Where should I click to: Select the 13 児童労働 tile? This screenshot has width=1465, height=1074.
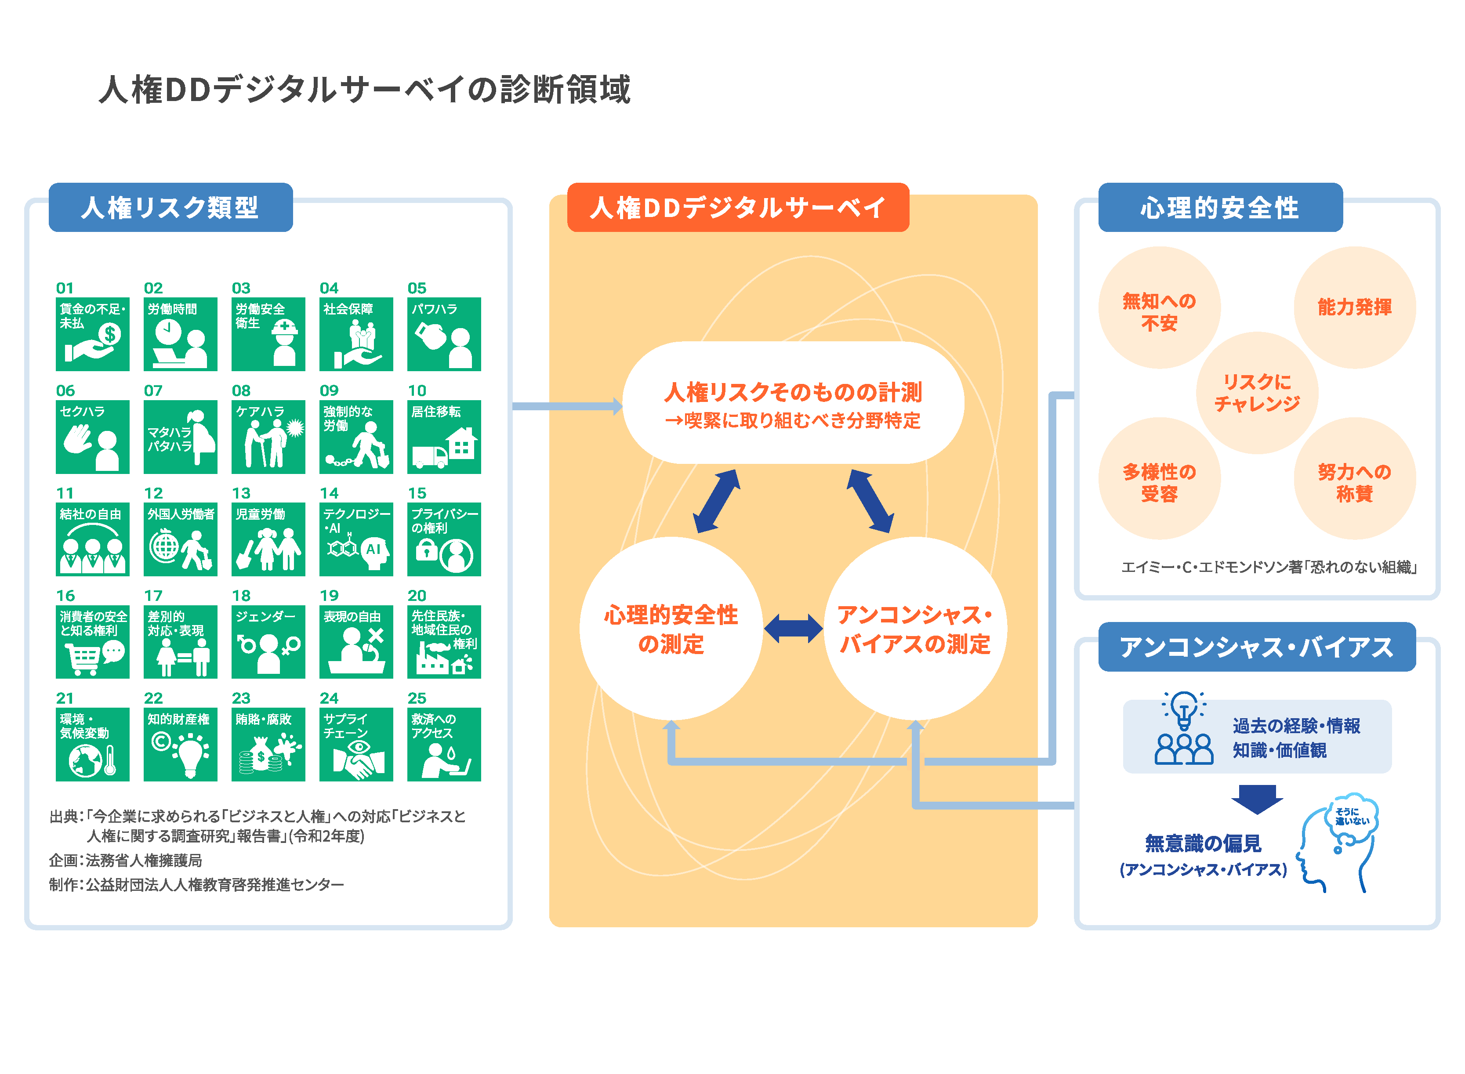pyautogui.click(x=268, y=539)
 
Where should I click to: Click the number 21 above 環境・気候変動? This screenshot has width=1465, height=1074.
pyautogui.click(x=65, y=698)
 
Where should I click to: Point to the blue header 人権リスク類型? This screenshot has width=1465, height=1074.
pyautogui.click(x=170, y=207)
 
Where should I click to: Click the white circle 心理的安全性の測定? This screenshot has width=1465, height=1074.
pyautogui.click(x=671, y=628)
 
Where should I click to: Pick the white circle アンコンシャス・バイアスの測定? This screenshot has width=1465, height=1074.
pyautogui.click(x=915, y=628)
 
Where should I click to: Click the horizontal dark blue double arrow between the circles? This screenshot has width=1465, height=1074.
pyautogui.click(x=793, y=629)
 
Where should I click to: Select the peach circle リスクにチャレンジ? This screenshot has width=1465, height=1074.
pyautogui.click(x=1256, y=393)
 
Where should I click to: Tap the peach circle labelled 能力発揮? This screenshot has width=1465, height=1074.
pyautogui.click(x=1354, y=307)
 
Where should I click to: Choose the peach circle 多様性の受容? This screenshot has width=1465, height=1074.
pyautogui.click(x=1159, y=478)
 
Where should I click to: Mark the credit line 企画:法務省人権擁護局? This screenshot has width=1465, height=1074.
pyautogui.click(x=126, y=860)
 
